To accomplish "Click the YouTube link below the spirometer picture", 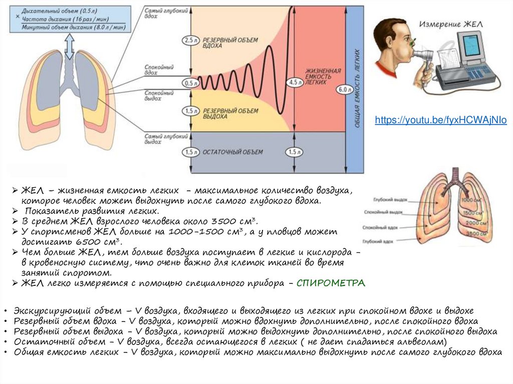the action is pyautogui.click(x=441, y=120).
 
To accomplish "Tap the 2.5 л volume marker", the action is pyautogui.click(x=189, y=40).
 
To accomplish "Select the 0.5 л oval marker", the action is pyautogui.click(x=189, y=83).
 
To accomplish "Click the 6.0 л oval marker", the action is pyautogui.click(x=343, y=89).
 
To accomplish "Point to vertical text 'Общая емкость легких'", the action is pyautogui.click(x=357, y=88).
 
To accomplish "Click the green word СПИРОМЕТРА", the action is pyautogui.click(x=331, y=283).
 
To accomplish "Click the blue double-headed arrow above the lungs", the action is pyautogui.click(x=69, y=49).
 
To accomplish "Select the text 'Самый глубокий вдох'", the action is pyautogui.click(x=159, y=13).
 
